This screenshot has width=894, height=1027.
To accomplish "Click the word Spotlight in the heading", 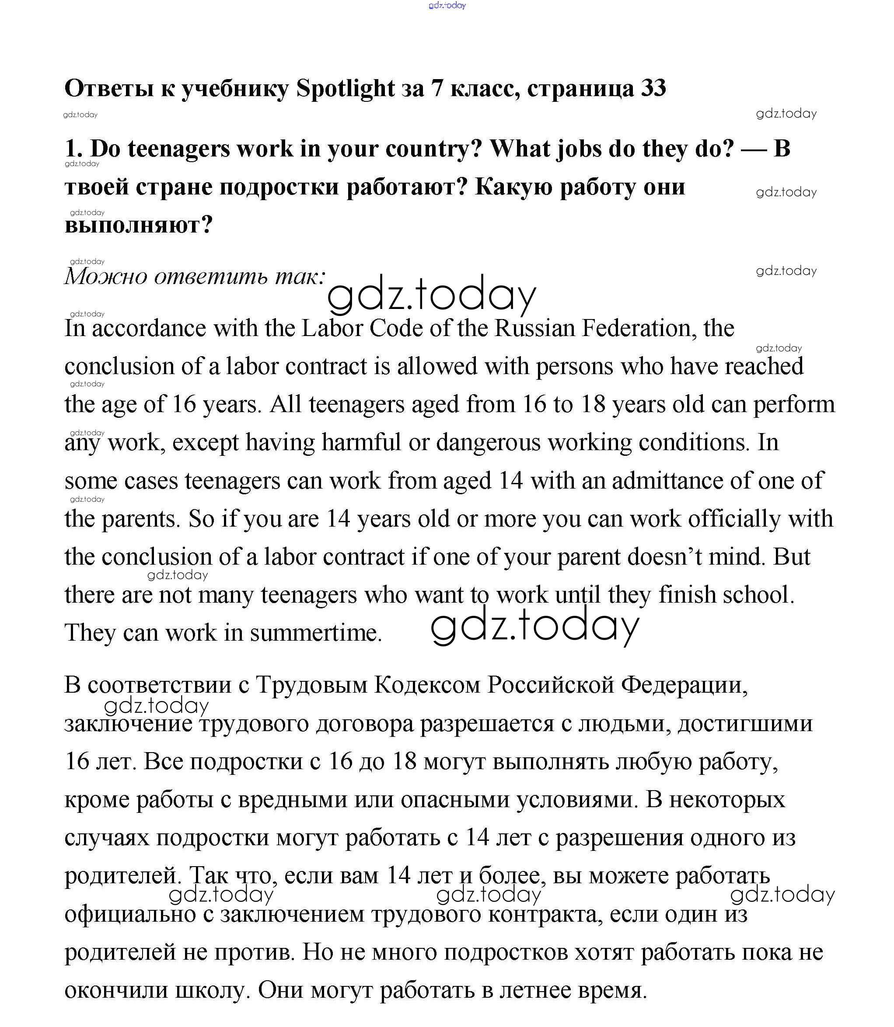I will coord(345,89).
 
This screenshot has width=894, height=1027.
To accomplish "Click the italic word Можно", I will coord(106,277).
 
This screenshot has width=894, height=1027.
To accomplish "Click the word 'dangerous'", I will coord(488,443).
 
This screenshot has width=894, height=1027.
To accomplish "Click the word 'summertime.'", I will coord(316,633).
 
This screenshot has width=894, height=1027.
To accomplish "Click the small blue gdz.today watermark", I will coord(447,6).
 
